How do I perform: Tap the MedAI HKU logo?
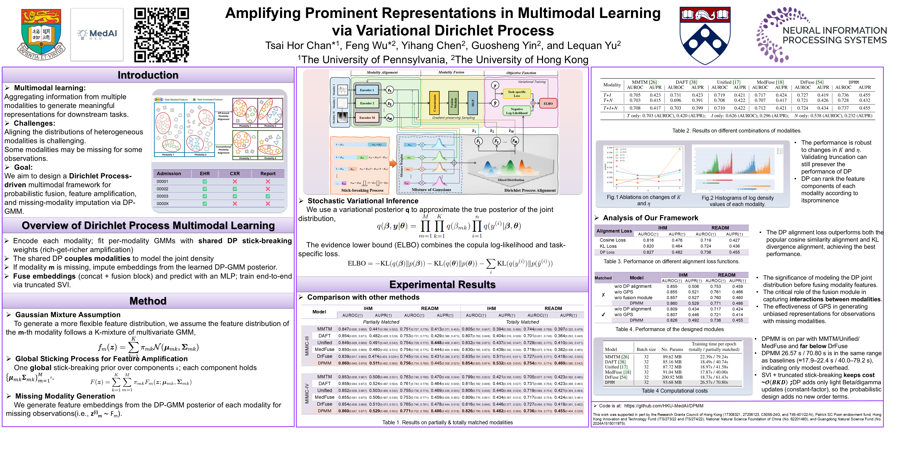click(x=97, y=34)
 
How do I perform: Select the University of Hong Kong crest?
click(x=41, y=34)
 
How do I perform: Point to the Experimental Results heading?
click(x=442, y=285)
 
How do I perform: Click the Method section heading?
click(x=148, y=301)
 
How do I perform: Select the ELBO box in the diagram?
click(x=548, y=103)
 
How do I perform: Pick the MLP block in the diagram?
click(x=473, y=103)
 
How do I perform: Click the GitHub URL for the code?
click(x=664, y=406)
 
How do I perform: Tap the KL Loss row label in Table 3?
click(x=608, y=246)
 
